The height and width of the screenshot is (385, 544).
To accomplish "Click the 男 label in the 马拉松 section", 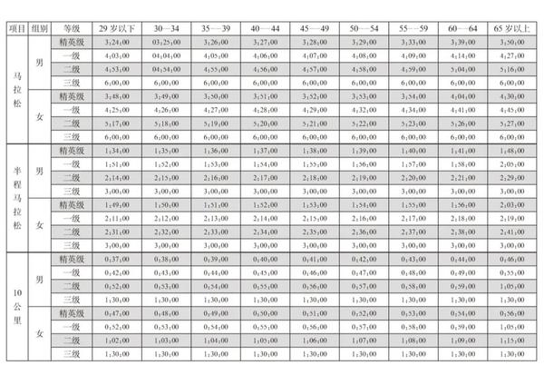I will (39, 62).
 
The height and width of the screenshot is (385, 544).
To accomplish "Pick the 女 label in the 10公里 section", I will (39, 334).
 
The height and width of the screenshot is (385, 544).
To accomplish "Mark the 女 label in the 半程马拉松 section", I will (39, 224).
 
